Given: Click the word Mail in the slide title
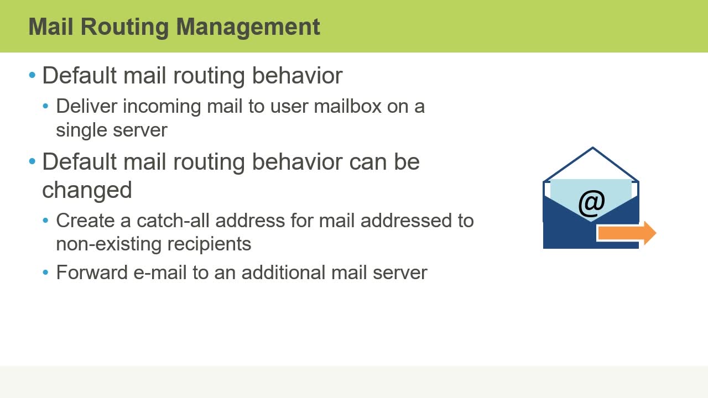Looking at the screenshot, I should [x=48, y=27].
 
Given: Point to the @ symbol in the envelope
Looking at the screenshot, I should [x=591, y=203].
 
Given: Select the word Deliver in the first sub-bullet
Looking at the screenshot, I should [x=86, y=106].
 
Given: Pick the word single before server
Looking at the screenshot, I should [x=81, y=130].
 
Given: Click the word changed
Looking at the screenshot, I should [x=87, y=190].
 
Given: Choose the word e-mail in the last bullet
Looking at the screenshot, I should [x=160, y=273].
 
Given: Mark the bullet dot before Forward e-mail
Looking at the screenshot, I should [x=46, y=273].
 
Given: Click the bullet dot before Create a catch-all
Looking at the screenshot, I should [x=46, y=221].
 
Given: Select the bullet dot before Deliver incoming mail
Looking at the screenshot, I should [x=46, y=106].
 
